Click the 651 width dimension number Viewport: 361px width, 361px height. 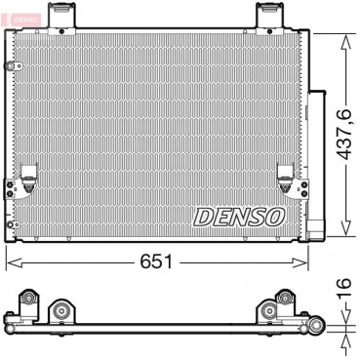(x=156, y=261)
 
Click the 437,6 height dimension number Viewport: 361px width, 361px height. (x=344, y=134)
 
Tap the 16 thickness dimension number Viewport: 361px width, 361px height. (x=344, y=287)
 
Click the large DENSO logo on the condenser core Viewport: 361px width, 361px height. (x=239, y=217)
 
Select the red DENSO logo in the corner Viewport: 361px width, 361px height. (x=25, y=20)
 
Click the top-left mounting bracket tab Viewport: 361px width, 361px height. (x=61, y=19)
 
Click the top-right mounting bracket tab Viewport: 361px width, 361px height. (x=269, y=19)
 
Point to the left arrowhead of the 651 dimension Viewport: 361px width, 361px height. (x=14, y=262)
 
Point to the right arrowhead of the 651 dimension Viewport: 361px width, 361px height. (x=301, y=262)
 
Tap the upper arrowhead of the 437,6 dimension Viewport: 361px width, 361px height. (x=345, y=42)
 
